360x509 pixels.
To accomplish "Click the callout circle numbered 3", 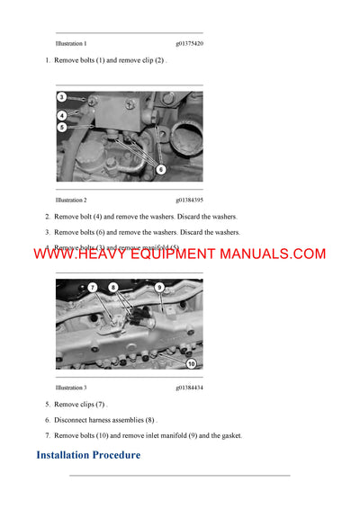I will tap(62, 97).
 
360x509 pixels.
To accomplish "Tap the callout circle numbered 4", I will tap(62, 115).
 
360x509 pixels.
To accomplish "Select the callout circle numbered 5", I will tap(62, 128).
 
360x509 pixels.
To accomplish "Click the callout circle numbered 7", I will tap(92, 287).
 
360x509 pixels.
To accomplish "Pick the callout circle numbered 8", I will tap(113, 287).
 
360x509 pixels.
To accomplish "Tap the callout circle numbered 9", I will tap(158, 287).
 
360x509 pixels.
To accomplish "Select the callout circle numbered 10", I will tap(191, 363).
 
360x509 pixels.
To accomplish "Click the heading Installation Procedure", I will tap(88, 455).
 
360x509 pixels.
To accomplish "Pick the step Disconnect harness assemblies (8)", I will tap(105, 420).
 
